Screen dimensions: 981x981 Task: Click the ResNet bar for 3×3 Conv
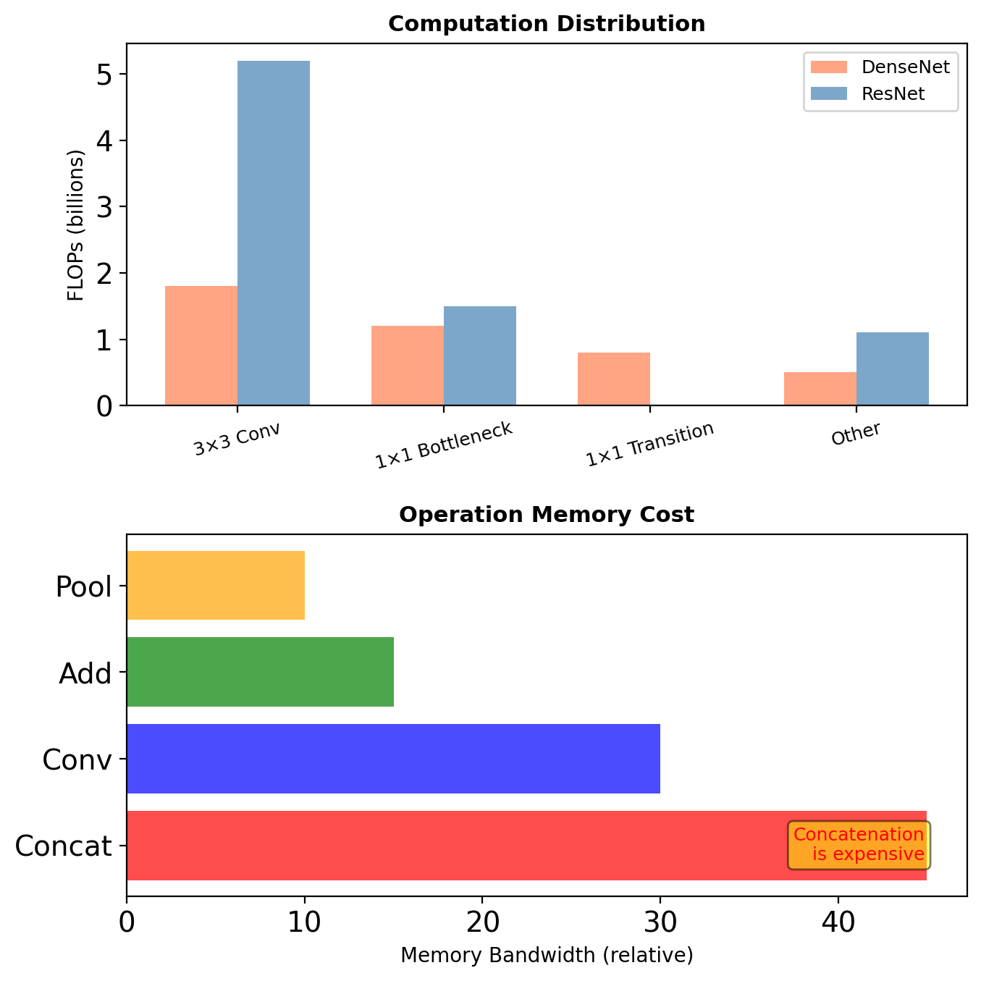pyautogui.click(x=274, y=233)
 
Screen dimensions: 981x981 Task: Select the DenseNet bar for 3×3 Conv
pyautogui.click(x=201, y=346)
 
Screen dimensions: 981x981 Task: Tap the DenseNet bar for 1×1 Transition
pyautogui.click(x=614, y=379)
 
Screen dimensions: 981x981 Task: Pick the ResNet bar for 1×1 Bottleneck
pyautogui.click(x=480, y=355)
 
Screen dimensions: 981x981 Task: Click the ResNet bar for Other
pyautogui.click(x=893, y=369)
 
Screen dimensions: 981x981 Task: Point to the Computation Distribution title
pyautogui.click(x=547, y=24)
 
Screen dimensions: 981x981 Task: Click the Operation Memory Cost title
pyautogui.click(x=547, y=515)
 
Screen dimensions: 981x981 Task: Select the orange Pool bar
pyautogui.click(x=216, y=585)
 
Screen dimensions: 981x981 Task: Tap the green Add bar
pyautogui.click(x=260, y=672)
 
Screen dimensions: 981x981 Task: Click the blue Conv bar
pyautogui.click(x=393, y=759)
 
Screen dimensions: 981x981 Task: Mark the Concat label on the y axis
pyautogui.click(x=64, y=846)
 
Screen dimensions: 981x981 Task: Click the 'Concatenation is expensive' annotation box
pyautogui.click(x=859, y=845)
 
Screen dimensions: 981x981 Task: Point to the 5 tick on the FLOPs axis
pyautogui.click(x=104, y=75)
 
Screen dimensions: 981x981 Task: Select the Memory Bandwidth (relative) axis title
pyautogui.click(x=547, y=956)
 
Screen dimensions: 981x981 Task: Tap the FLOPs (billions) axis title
pyautogui.click(x=76, y=225)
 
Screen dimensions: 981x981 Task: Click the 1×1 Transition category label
pyautogui.click(x=650, y=444)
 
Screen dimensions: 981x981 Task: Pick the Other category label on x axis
pyautogui.click(x=856, y=434)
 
